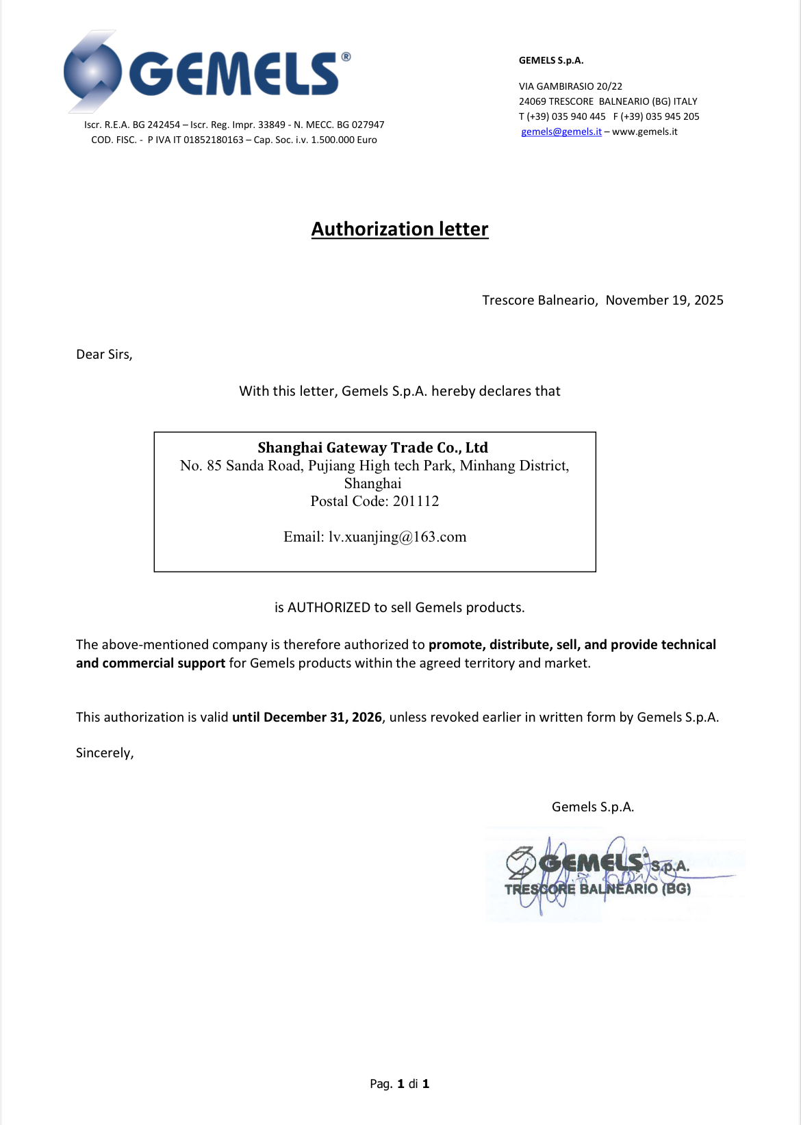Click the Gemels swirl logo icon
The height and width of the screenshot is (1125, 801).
tap(92, 71)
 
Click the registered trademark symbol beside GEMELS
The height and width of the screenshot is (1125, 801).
tap(346, 57)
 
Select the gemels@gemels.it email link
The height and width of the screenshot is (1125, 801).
tap(561, 131)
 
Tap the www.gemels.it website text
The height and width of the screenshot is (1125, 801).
tap(645, 131)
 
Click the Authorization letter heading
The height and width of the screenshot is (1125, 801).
tap(400, 229)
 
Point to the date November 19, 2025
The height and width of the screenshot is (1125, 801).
tap(664, 300)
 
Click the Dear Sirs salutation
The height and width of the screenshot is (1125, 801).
tap(104, 354)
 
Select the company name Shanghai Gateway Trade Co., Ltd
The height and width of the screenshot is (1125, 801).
tap(372, 448)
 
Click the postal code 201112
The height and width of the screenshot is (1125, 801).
tap(416, 501)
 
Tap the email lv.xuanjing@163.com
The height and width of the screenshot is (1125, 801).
tap(397, 537)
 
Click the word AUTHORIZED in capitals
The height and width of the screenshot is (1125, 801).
tap(329, 607)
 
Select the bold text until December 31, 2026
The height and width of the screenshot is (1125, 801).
tap(307, 717)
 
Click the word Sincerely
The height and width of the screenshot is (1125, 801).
tap(104, 753)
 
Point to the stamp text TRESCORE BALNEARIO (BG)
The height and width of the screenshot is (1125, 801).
tap(597, 889)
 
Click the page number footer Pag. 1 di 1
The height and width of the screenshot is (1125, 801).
tap(399, 1083)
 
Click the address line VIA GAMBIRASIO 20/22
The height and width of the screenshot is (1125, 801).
tap(570, 86)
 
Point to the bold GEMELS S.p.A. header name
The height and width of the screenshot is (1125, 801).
tap(551, 60)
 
